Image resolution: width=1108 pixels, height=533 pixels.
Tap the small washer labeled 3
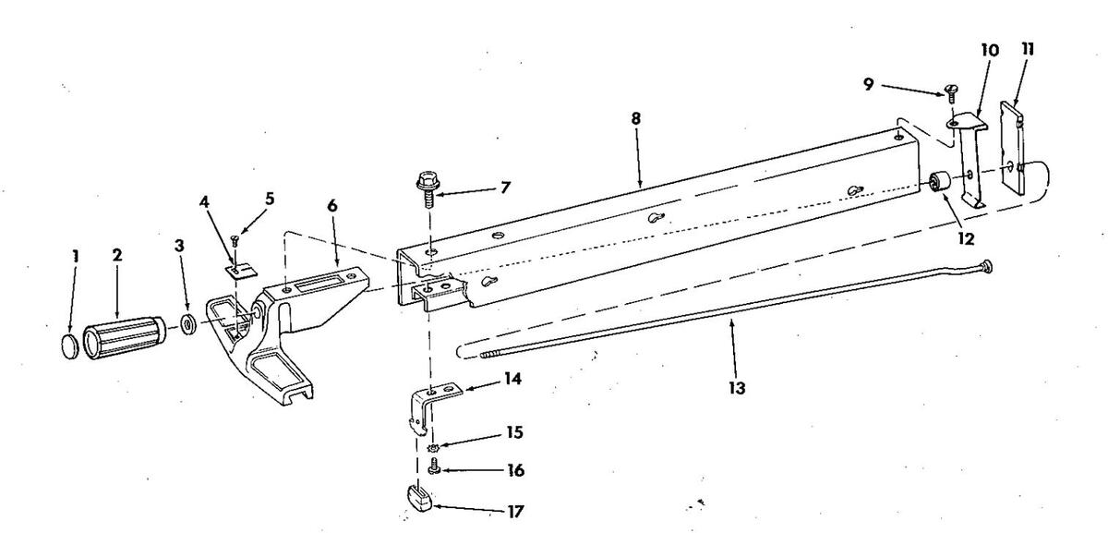[187, 325]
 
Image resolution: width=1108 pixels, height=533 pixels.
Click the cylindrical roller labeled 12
[942, 182]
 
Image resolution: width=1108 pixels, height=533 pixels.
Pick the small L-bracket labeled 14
[431, 397]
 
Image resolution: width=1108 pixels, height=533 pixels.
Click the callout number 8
[635, 120]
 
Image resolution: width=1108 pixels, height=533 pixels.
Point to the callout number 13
[735, 387]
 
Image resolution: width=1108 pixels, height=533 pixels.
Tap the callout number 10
[989, 51]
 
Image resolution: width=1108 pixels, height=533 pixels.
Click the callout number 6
[331, 205]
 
